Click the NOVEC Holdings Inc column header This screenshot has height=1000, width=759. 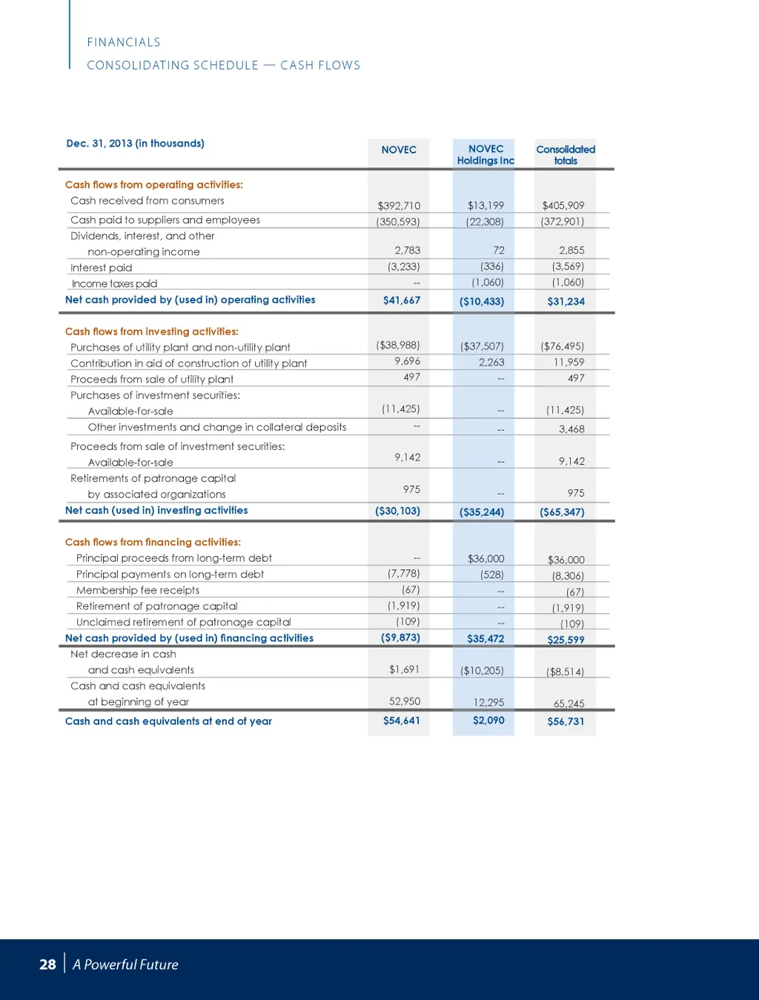click(x=485, y=154)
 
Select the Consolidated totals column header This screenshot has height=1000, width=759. click(x=566, y=154)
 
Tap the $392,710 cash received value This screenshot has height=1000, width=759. click(x=399, y=205)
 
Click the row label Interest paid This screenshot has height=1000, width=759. click(x=101, y=268)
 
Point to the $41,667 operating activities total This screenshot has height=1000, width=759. click(x=401, y=300)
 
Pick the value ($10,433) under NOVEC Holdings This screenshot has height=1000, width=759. click(x=482, y=301)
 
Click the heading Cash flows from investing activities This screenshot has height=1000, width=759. click(x=151, y=331)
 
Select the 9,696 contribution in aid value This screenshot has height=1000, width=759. click(x=407, y=361)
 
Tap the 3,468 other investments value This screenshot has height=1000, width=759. click(x=571, y=428)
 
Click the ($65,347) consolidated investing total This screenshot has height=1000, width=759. click(x=562, y=511)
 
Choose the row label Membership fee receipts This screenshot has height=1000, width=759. click(x=137, y=590)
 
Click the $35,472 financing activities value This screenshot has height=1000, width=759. click(x=485, y=638)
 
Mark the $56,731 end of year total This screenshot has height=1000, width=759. click(x=566, y=721)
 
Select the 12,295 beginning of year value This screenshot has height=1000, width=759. click(x=488, y=702)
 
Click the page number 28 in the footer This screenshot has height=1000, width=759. click(x=47, y=964)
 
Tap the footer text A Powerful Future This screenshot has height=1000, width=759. click(x=125, y=964)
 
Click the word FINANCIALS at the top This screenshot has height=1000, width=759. click(x=124, y=42)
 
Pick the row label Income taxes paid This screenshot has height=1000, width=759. click(x=114, y=283)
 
